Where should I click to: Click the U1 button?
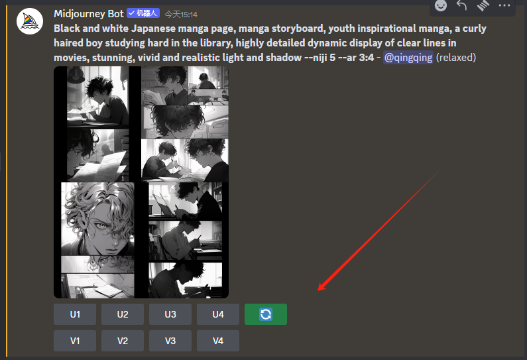[x=75, y=314]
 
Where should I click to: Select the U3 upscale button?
[x=170, y=314]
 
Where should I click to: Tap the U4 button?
[x=218, y=314]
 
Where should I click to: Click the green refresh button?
[x=266, y=314]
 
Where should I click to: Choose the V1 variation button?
[x=75, y=341]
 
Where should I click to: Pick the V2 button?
[x=123, y=341]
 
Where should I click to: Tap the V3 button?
[x=170, y=341]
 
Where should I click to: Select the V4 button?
[x=218, y=341]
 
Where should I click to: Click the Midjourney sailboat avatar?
[x=30, y=21]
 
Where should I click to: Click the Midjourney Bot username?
[x=89, y=14]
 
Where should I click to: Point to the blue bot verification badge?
[x=143, y=13]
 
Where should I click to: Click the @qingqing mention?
[x=408, y=58]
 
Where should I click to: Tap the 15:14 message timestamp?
[x=181, y=15]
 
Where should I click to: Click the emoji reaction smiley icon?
[x=441, y=5]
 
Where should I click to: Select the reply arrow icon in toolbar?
[x=461, y=5]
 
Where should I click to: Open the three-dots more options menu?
[x=504, y=5]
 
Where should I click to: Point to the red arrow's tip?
[x=318, y=290]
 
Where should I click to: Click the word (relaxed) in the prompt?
[x=456, y=58]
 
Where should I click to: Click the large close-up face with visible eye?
[x=98, y=219]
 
